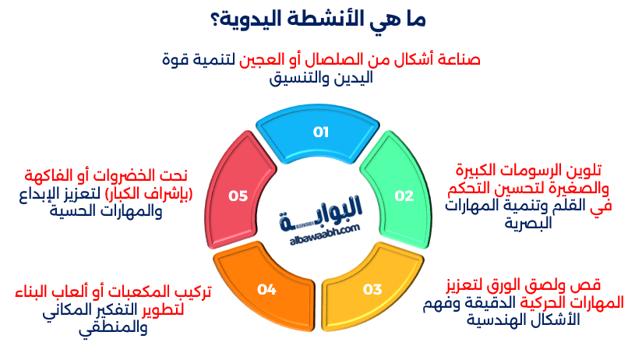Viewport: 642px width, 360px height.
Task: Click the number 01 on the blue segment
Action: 321,132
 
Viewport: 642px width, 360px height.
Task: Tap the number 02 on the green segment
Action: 404,196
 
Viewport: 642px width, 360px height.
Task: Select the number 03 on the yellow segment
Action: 372,290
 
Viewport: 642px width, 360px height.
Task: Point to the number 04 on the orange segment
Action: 267,290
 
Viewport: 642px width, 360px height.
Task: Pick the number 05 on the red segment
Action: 238,196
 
